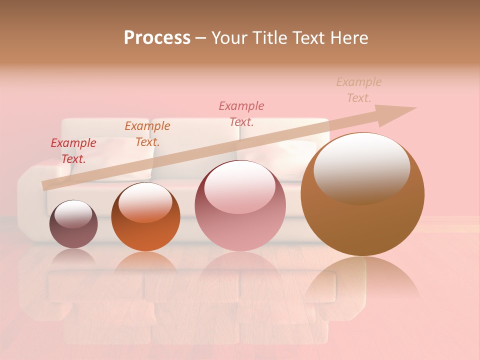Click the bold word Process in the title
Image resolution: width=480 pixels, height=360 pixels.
click(157, 38)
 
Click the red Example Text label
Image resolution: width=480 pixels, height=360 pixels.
click(73, 151)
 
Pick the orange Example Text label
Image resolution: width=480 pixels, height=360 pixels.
click(147, 134)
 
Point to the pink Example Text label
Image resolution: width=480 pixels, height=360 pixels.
click(241, 114)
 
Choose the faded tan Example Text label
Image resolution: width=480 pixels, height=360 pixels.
click(358, 90)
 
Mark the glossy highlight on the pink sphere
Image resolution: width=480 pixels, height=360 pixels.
click(239, 185)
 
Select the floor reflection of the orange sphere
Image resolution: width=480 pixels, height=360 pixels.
click(145, 262)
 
